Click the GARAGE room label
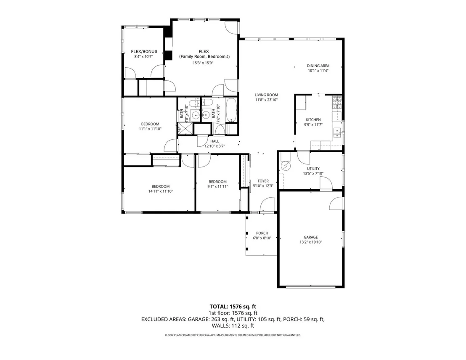pyautogui.click(x=310, y=237)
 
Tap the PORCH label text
pyautogui.click(x=262, y=233)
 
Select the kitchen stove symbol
pyautogui.click(x=337, y=102)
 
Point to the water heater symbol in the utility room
pyautogui.click(x=286, y=166)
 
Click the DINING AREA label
pyautogui.click(x=318, y=66)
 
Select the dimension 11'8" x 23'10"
pyautogui.click(x=266, y=100)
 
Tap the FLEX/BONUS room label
pyautogui.click(x=144, y=51)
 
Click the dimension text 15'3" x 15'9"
pyautogui.click(x=203, y=63)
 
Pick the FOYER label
pyautogui.click(x=263, y=181)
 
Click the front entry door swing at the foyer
pyautogui.click(x=267, y=205)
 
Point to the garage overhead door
pyautogui.click(x=311, y=287)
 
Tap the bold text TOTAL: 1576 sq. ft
pyautogui.click(x=233, y=307)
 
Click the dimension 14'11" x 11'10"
pyautogui.click(x=161, y=191)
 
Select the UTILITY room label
pyautogui.click(x=313, y=169)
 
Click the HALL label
pyautogui.click(x=214, y=141)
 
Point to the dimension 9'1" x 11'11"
pyautogui.click(x=217, y=187)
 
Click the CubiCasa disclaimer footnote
pyautogui.click(x=233, y=335)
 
